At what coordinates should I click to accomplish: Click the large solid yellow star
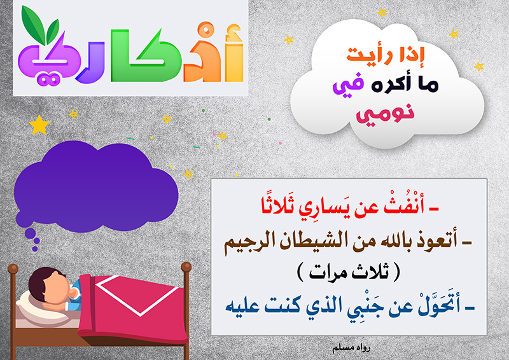tap(39, 125)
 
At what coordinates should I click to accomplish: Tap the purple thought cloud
tap(96, 188)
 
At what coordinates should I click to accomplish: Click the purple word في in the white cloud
tap(347, 85)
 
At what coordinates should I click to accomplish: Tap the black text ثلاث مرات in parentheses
tap(349, 272)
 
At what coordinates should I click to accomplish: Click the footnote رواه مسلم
tap(351, 349)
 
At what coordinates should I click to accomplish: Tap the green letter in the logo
tap(145, 55)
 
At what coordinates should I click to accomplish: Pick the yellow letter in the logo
tap(234, 53)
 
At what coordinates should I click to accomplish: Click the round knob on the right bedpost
tap(186, 267)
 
